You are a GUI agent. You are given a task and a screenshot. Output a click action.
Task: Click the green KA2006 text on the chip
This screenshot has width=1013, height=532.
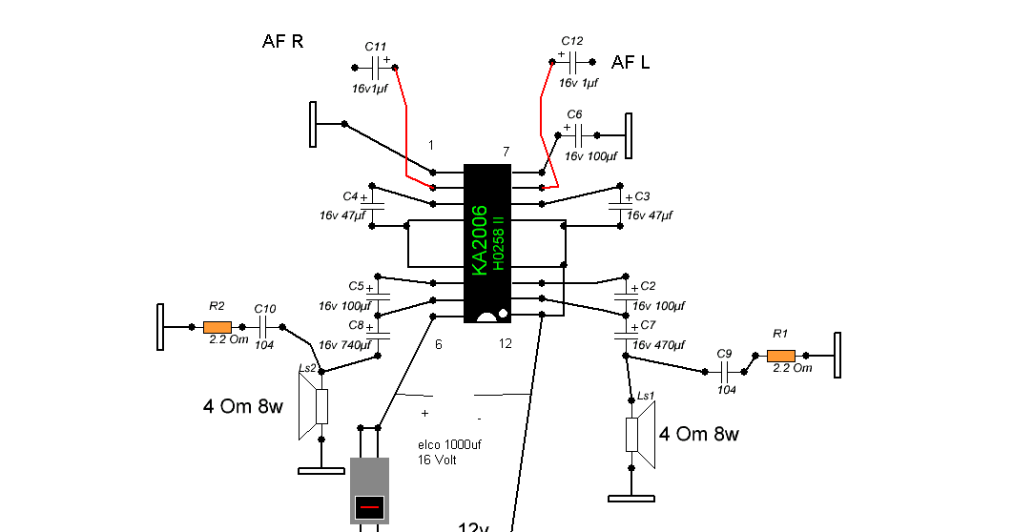(x=480, y=240)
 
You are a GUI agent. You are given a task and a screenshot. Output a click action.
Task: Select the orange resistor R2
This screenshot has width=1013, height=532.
(x=217, y=326)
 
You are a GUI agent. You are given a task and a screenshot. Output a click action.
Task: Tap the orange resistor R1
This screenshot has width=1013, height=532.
(x=782, y=356)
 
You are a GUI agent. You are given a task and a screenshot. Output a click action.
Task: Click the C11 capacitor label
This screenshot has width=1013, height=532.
(x=376, y=46)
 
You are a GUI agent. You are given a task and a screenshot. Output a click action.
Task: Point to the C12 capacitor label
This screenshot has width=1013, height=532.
(x=571, y=41)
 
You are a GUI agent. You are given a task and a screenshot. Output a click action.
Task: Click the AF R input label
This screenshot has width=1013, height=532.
(x=282, y=42)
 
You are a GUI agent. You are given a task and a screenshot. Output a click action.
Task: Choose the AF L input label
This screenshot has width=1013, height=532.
(x=631, y=63)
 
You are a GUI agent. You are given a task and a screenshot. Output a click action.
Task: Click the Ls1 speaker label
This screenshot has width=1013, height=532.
(x=646, y=396)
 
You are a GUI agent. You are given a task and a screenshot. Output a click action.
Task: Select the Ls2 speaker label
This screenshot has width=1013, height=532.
(x=307, y=368)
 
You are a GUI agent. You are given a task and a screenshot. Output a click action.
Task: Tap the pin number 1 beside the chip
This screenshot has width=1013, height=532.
(x=431, y=146)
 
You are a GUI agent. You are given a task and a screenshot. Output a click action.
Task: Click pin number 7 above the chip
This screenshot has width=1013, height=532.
(x=506, y=153)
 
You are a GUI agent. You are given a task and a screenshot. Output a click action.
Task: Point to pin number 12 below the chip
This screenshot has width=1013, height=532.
(x=506, y=343)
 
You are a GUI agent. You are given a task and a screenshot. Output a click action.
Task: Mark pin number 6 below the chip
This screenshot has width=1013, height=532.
(x=438, y=344)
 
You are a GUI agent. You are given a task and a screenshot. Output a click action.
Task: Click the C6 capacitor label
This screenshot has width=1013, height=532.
(x=574, y=114)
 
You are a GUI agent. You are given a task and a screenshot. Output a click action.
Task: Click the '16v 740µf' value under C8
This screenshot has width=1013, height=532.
(x=345, y=345)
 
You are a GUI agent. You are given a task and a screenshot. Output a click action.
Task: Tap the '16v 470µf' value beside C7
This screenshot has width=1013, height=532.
(x=659, y=345)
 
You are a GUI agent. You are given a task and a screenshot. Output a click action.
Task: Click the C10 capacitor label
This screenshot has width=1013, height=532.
(x=265, y=309)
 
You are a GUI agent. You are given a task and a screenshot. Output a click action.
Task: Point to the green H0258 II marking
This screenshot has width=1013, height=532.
(x=498, y=246)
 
